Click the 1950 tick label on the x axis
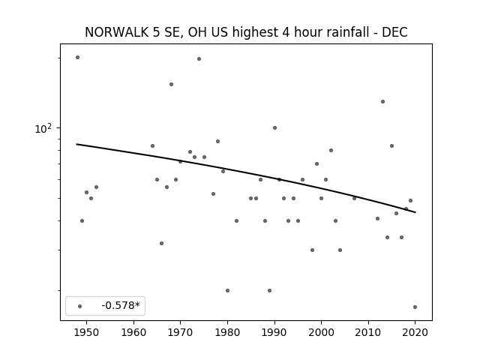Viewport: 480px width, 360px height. pos(87,332)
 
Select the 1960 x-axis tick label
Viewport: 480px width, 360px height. pos(133,332)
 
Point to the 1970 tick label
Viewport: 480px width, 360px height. pos(181,332)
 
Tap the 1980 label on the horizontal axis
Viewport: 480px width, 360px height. pos(227,332)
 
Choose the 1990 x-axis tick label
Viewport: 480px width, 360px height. pos(274,332)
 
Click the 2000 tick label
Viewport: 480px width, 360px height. pos(322,332)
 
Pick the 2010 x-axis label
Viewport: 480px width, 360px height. pos(368,332)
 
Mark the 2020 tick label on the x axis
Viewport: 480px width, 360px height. pos(415,332)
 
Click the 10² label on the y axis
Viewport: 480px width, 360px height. pos(43,128)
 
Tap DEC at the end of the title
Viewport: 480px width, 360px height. pos(394,32)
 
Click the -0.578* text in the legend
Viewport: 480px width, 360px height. pos(121,305)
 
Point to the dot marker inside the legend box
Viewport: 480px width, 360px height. pos(80,306)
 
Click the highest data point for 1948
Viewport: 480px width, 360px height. pos(77,57)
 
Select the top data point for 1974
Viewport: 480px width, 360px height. pos(199,58)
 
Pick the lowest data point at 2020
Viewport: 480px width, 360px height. pos(415,307)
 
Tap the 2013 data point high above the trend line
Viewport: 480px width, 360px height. pos(382,102)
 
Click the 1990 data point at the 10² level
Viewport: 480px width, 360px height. pos(274,128)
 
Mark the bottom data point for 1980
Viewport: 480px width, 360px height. pos(227,290)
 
